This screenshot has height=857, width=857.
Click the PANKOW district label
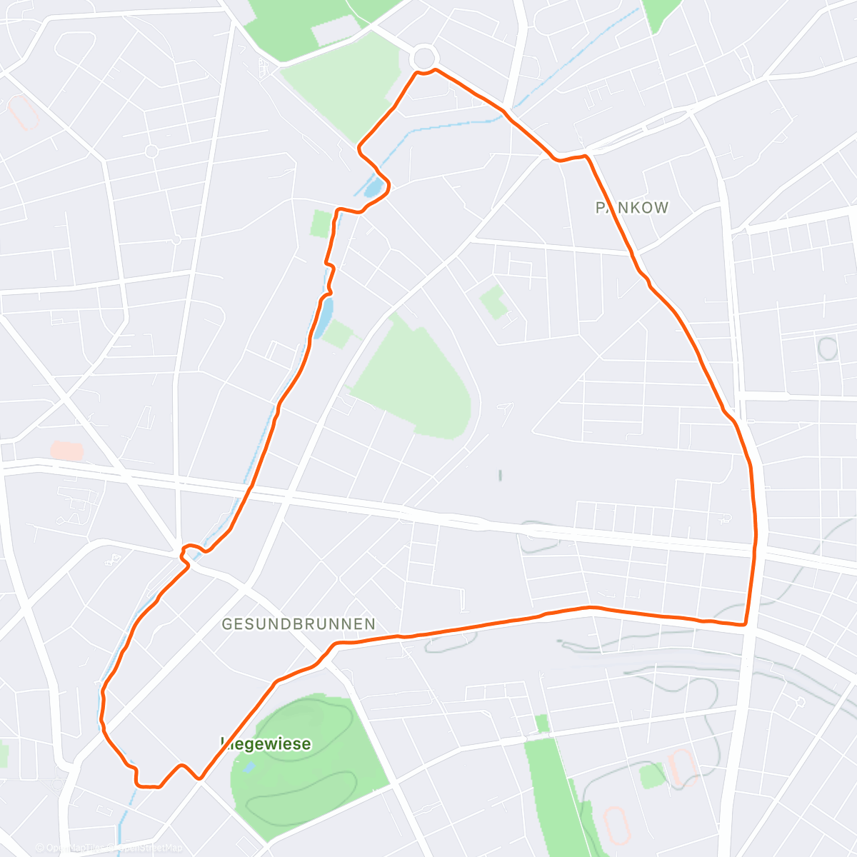click(632, 208)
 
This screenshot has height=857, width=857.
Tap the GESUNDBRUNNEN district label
click(298, 624)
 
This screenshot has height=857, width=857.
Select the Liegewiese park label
click(266, 744)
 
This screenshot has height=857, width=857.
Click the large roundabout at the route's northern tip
click(424, 57)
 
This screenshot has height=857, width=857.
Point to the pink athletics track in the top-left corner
click(23, 113)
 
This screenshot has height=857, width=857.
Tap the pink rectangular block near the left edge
click(66, 451)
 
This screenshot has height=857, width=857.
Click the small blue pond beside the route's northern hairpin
click(372, 188)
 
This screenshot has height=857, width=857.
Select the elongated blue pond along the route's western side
click(324, 316)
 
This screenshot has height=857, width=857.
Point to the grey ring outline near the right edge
click(827, 349)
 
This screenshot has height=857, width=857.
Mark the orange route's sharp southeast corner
click(745, 625)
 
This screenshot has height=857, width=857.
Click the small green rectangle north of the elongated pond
click(321, 224)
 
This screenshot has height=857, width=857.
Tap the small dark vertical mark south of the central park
click(501, 475)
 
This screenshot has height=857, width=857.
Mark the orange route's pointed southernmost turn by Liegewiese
click(200, 778)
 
